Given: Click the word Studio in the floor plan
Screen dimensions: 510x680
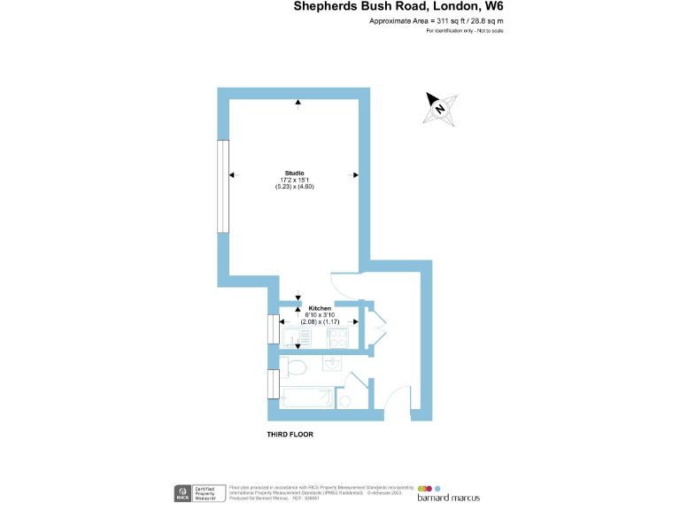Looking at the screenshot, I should [294, 172].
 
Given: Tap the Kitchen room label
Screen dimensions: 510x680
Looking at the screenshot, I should [320, 308].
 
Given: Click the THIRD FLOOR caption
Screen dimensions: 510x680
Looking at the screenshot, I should [290, 435].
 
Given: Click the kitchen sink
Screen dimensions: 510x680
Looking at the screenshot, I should [292, 336].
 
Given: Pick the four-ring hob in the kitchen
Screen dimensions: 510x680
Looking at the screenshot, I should [338, 336].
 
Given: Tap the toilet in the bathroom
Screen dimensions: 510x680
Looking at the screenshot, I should [296, 367].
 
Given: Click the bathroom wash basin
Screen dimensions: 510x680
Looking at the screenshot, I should [333, 363].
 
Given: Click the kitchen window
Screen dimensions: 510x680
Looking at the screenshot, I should [273, 331].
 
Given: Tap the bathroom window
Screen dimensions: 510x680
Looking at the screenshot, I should [273, 384].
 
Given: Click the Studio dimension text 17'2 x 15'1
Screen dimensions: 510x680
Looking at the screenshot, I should [294, 180].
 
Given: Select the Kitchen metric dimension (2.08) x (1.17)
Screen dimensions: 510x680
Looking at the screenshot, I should [320, 321].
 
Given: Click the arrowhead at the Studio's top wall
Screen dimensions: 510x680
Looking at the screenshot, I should [298, 103].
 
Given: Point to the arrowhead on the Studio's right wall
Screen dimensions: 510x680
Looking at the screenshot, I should [354, 174].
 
